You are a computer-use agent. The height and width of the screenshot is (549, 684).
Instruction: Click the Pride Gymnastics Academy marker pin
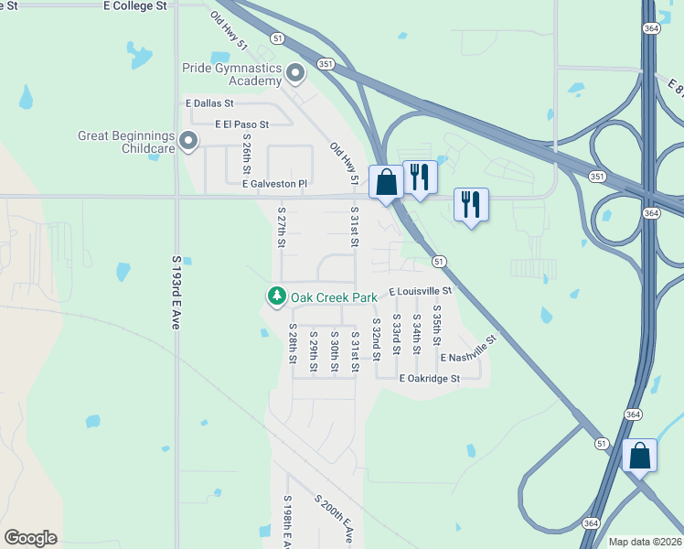coord(294,71)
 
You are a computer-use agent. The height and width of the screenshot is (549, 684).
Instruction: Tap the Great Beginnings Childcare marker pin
coord(188,141)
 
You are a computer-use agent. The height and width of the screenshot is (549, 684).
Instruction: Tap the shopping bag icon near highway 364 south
coord(639,454)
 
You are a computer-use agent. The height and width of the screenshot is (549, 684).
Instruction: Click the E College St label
coord(135,5)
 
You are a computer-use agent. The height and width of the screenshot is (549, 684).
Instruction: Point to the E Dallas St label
coord(209,104)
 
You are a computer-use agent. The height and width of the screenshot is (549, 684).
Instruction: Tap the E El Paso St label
coord(241,124)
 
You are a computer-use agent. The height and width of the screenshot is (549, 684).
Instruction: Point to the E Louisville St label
coord(420,291)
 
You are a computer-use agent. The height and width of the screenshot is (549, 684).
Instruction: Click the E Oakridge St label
coord(429,377)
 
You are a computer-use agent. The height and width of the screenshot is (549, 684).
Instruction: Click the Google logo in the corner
coord(30,538)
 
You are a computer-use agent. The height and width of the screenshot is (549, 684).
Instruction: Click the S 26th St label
coord(247,154)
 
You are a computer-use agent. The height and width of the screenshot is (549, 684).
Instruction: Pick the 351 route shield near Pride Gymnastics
coord(326,63)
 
